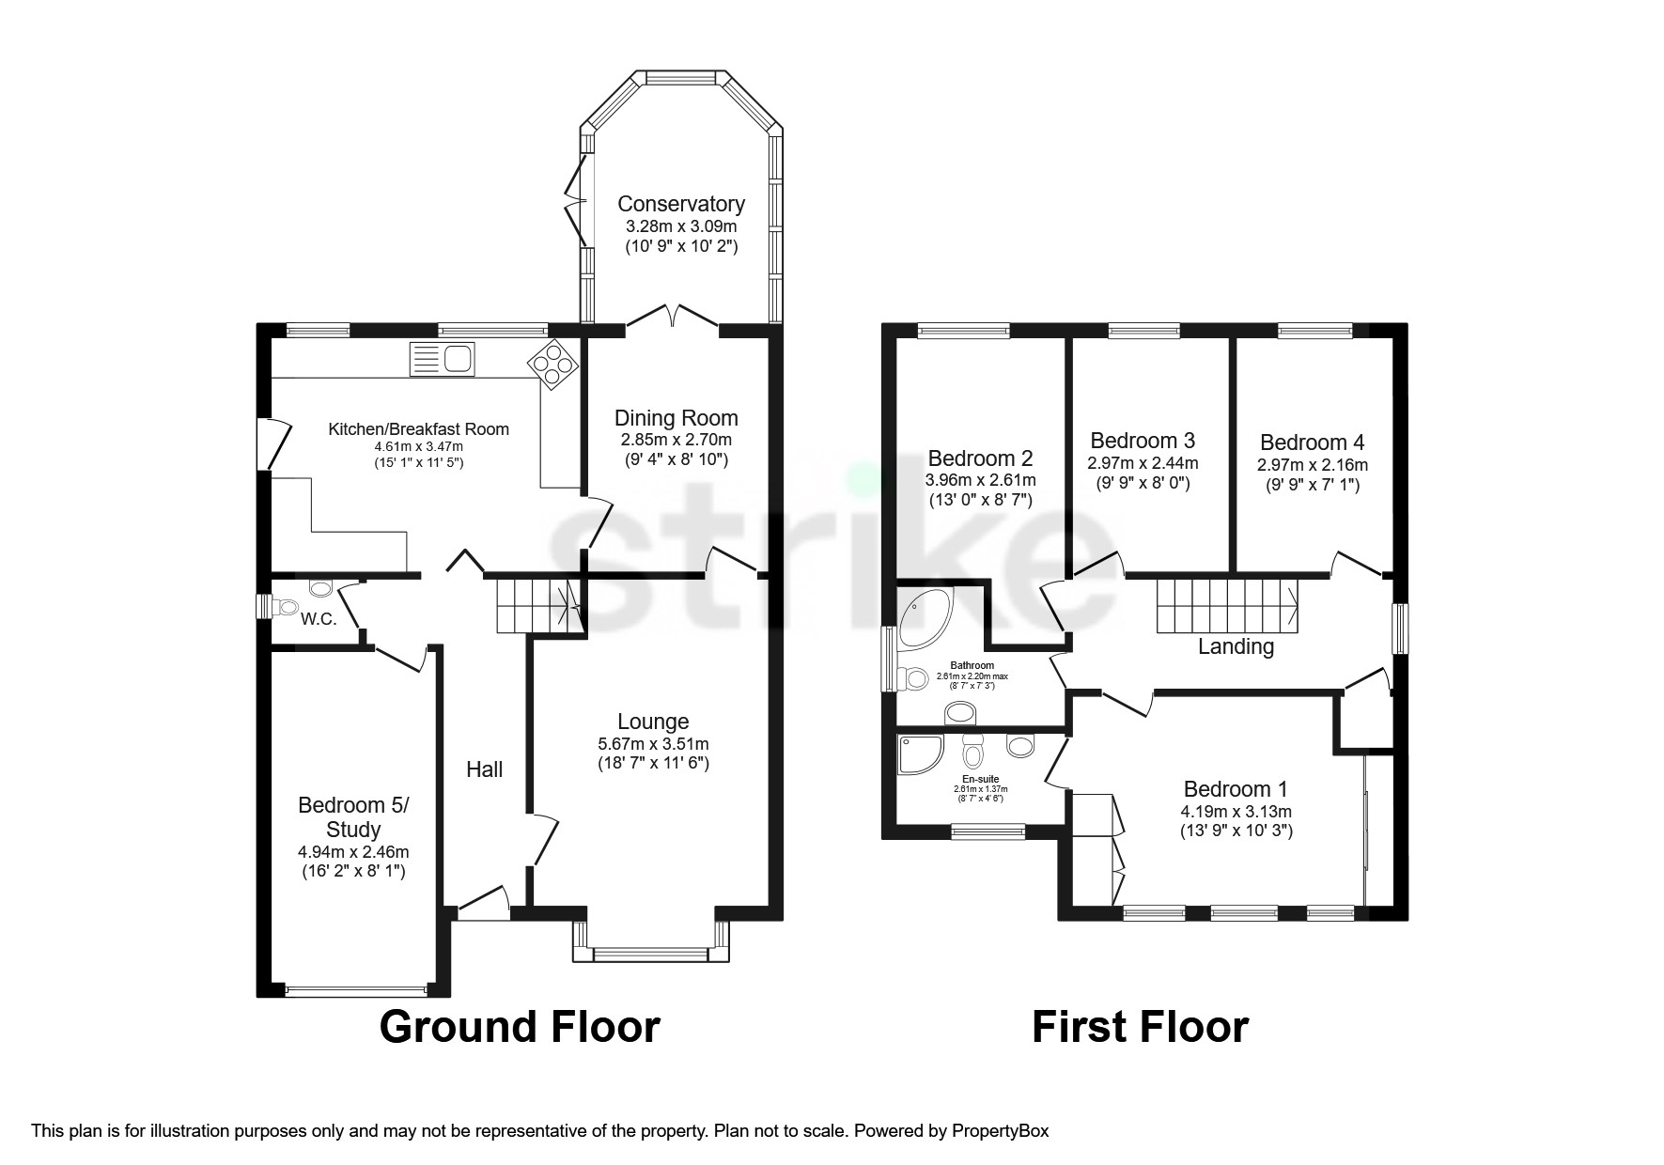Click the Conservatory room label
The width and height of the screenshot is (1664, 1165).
(681, 204)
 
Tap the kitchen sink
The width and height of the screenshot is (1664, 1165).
(442, 360)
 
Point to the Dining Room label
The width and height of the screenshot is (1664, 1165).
(676, 418)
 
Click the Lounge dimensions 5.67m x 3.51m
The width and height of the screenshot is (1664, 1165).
(653, 743)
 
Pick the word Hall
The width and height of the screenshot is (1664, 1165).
(485, 769)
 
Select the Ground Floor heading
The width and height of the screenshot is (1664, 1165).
(520, 1027)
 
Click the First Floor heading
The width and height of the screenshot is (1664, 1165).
(1141, 1027)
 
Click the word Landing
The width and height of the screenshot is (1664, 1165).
(1236, 647)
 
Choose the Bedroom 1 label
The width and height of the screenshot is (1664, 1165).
(1236, 789)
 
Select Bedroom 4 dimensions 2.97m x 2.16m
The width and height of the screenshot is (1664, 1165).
(1313, 465)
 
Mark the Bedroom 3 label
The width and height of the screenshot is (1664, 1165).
(1143, 441)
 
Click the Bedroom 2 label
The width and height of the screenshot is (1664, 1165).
(980, 458)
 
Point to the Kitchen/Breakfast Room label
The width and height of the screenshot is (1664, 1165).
(418, 429)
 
